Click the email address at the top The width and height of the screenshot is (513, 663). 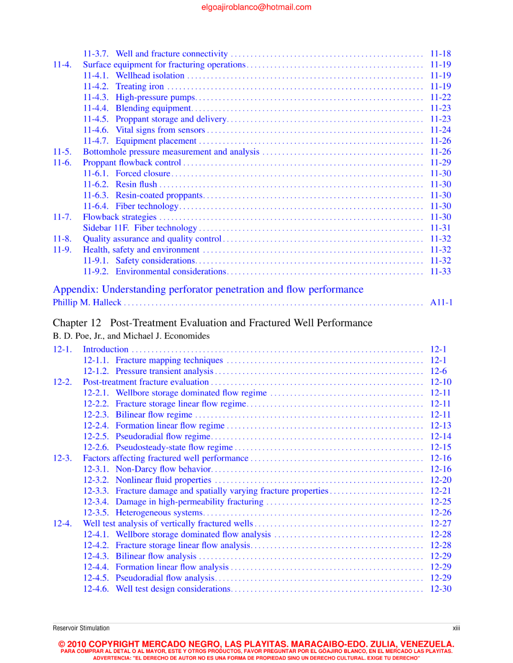[256, 7]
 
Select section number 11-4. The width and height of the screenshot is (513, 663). [62, 65]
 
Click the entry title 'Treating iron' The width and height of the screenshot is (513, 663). [140, 86]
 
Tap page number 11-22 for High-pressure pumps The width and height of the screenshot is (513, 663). [440, 97]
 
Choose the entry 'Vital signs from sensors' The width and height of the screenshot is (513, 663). [160, 130]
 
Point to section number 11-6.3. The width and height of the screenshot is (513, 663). [95, 196]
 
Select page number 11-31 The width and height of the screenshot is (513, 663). [440, 228]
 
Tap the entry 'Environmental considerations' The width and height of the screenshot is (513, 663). [171, 272]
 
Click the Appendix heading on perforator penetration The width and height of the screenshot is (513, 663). [208, 289]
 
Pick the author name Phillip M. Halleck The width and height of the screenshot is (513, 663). [87, 303]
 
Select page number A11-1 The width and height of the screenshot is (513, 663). [441, 303]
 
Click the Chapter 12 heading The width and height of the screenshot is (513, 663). [212, 323]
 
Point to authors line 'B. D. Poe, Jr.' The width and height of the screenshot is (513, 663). [131, 336]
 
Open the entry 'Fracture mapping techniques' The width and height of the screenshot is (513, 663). [169, 361]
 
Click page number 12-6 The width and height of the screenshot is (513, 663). [438, 372]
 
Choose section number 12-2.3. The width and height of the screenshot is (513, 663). [95, 415]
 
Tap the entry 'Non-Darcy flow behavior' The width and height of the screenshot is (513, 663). [163, 469]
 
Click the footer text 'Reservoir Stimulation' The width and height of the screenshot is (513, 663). [81, 628]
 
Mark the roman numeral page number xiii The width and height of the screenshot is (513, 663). [456, 628]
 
